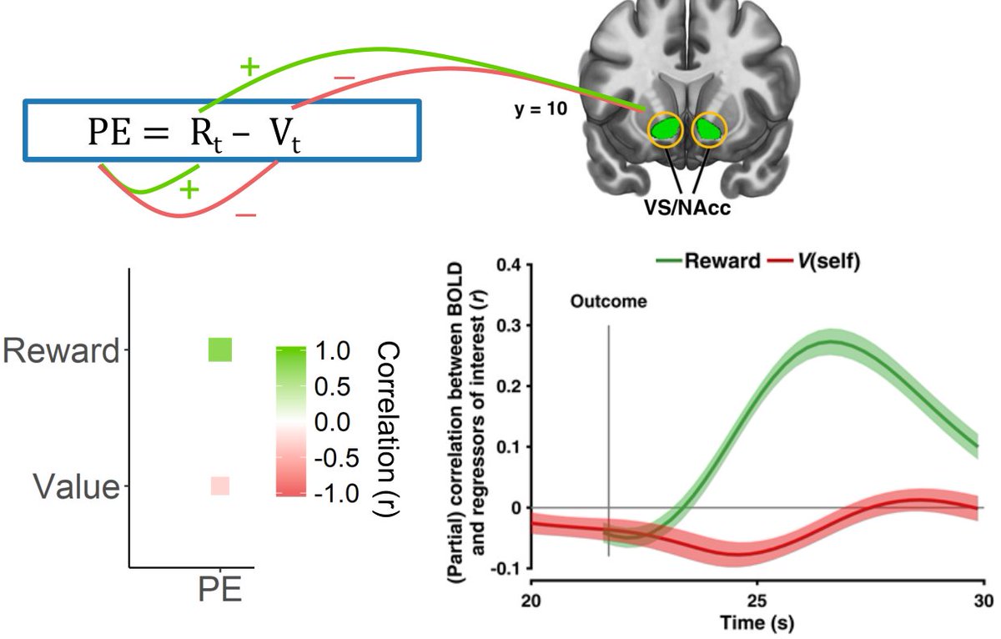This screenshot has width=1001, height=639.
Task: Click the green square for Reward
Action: [219, 350]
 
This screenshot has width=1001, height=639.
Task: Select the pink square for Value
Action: [219, 486]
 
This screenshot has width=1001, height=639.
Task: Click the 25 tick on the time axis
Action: [757, 600]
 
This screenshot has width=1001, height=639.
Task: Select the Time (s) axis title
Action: [758, 623]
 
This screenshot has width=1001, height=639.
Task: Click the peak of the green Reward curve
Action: [830, 341]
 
